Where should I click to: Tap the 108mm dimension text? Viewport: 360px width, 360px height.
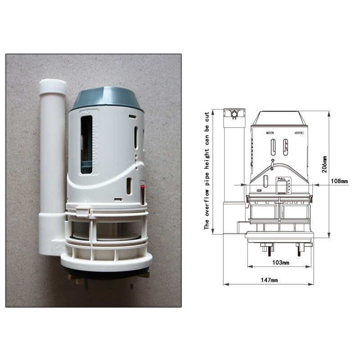point(340,181)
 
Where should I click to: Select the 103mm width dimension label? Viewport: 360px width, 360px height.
point(281,262)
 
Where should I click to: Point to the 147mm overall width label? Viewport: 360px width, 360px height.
point(270,280)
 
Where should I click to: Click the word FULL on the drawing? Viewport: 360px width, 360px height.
point(282,179)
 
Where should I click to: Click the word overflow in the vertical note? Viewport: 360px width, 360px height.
point(207,198)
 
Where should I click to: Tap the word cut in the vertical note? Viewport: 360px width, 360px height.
point(207,118)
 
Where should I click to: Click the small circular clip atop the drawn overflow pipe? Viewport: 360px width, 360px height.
point(234,114)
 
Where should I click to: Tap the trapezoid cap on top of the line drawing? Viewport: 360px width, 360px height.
point(279,118)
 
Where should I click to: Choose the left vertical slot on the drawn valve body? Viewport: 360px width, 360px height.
point(273,148)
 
